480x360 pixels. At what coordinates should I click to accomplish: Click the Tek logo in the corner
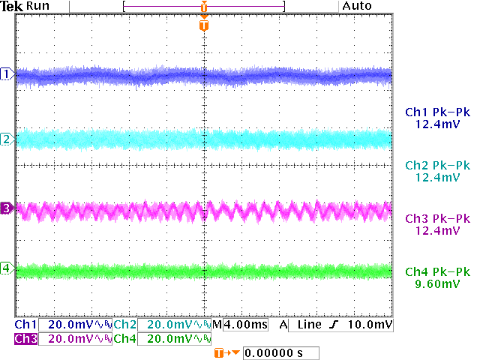pos(13,6)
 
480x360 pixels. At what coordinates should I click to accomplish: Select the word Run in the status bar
pos(37,6)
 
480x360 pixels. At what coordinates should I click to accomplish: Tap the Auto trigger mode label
pos(357,6)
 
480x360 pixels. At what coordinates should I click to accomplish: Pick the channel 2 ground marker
pos(7,139)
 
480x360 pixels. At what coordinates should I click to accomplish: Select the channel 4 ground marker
pos(7,268)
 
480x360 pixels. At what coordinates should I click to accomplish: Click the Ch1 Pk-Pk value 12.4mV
pos(436,124)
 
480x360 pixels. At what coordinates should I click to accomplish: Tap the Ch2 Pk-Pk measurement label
pos(436,165)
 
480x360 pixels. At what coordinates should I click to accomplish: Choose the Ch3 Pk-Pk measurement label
pos(436,218)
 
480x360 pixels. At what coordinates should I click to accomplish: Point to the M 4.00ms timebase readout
pos(240,325)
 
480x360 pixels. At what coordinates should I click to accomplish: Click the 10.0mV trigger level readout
pos(370,325)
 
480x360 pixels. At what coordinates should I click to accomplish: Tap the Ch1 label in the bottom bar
pos(25,325)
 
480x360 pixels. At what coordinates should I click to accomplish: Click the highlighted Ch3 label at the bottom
pos(25,339)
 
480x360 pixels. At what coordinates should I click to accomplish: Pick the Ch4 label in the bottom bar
pos(125,339)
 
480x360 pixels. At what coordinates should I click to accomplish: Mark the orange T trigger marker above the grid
pos(204,25)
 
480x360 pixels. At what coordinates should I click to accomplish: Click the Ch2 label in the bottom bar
pos(125,325)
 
